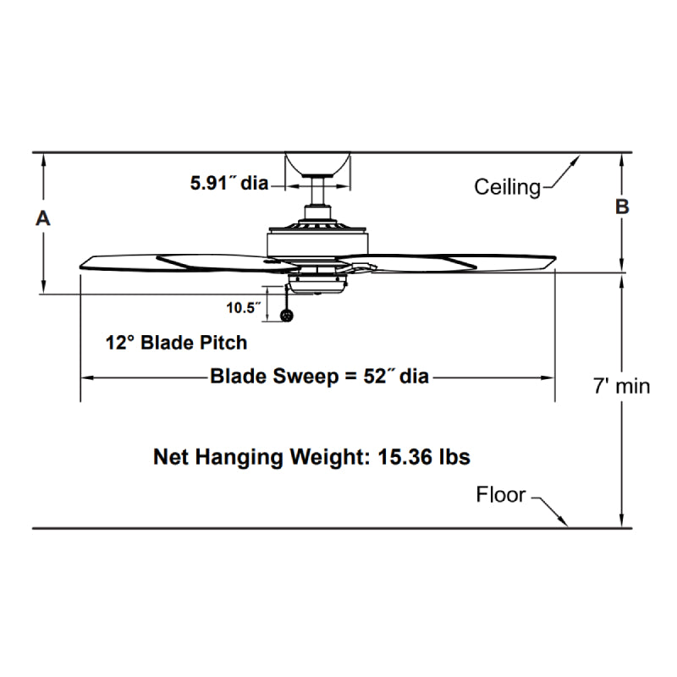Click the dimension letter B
pyautogui.click(x=622, y=206)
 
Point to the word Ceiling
pyautogui.click(x=507, y=186)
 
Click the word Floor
pyautogui.click(x=501, y=494)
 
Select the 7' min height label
pyautogui.click(x=621, y=387)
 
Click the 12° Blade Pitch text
pyautogui.click(x=176, y=343)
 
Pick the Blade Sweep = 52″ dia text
pyautogui.click(x=319, y=377)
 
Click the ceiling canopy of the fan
pyautogui.click(x=317, y=163)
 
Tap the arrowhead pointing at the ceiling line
pyautogui.click(x=577, y=158)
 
